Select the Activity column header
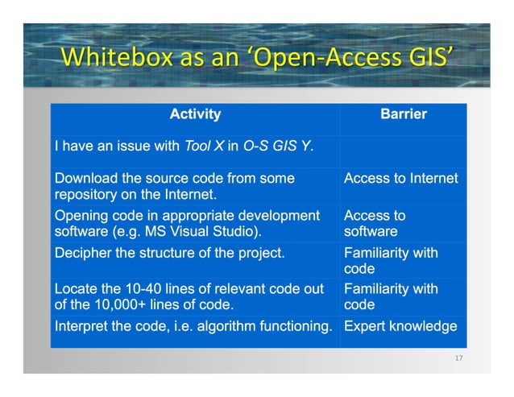point(195,114)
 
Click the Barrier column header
point(403,114)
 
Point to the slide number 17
point(459,358)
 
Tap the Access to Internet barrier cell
point(400,178)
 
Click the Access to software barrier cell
point(375,223)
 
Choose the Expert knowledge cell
point(400,326)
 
